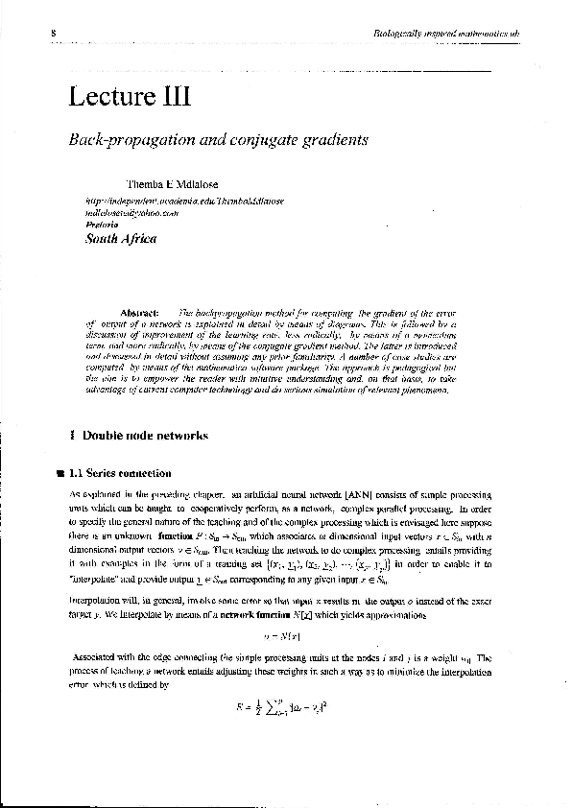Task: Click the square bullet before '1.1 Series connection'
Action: coord(60,472)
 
